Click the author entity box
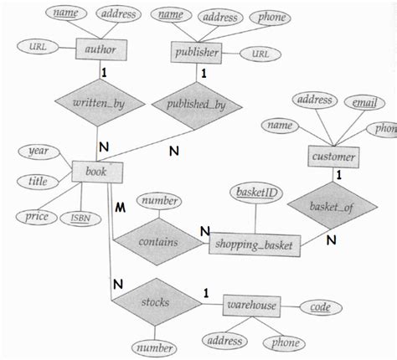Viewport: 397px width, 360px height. pyautogui.click(x=101, y=49)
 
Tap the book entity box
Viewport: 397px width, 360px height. pyautogui.click(x=102, y=173)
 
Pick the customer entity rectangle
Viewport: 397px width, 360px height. pyautogui.click(x=334, y=157)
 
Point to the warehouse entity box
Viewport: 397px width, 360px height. pyautogui.click(x=250, y=307)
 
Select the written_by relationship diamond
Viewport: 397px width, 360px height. pyautogui.click(x=102, y=105)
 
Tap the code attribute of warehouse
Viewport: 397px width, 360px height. pyautogui.click(x=321, y=308)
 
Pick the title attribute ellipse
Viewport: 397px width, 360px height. pyautogui.click(x=37, y=179)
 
